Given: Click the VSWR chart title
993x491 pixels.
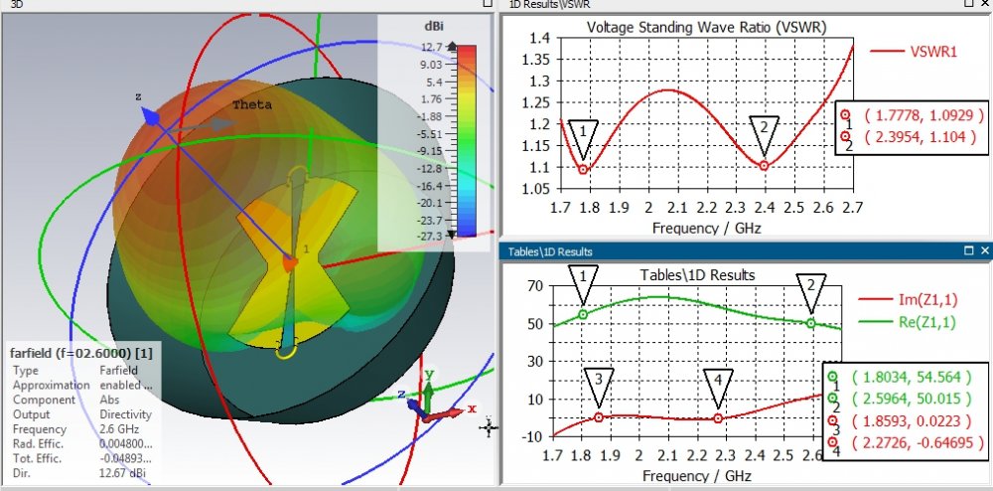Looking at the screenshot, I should pos(707,27).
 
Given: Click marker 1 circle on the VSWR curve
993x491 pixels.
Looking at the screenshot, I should pos(584,169).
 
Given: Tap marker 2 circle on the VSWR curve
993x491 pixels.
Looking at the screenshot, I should pos(764,165).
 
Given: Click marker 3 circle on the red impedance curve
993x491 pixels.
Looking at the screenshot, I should pos(599,417).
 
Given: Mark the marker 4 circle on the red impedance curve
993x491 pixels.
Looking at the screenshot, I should pos(718,418).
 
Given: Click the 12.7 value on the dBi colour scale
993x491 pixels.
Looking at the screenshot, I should pos(431,47).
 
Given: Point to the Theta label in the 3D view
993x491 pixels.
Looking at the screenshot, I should pos(251,104).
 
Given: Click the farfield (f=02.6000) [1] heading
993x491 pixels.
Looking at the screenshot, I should pos(79,354).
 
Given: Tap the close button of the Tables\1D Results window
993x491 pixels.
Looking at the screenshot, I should pos(984,251).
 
